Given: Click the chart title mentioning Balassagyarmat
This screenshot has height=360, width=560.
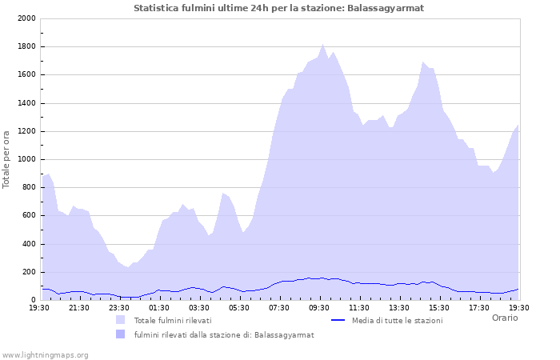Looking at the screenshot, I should (279, 8).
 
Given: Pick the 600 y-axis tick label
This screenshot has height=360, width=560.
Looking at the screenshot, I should (28, 216).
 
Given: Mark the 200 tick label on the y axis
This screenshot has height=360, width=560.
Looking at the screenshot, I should (28, 272).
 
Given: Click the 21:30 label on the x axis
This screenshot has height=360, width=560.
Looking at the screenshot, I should (79, 307).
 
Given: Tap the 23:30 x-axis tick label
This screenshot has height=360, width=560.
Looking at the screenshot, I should (119, 307).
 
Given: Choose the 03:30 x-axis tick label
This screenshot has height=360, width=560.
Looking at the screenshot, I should (199, 307).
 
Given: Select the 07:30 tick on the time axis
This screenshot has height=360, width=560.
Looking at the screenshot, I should (279, 307).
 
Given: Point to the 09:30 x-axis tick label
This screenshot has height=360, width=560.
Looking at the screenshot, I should (319, 307).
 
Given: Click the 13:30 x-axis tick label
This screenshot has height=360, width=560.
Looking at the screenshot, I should (399, 307).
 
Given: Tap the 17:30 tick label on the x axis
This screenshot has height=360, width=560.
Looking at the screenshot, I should (479, 307).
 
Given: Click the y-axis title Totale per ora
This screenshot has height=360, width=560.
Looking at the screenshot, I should (7, 158).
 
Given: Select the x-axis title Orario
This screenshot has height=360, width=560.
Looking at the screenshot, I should (505, 318).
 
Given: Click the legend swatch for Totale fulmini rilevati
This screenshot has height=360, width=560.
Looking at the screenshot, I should (120, 320).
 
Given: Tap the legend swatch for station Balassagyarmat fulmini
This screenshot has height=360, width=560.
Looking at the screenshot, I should (120, 334).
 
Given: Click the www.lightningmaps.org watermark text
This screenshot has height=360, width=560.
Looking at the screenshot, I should (45, 354).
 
